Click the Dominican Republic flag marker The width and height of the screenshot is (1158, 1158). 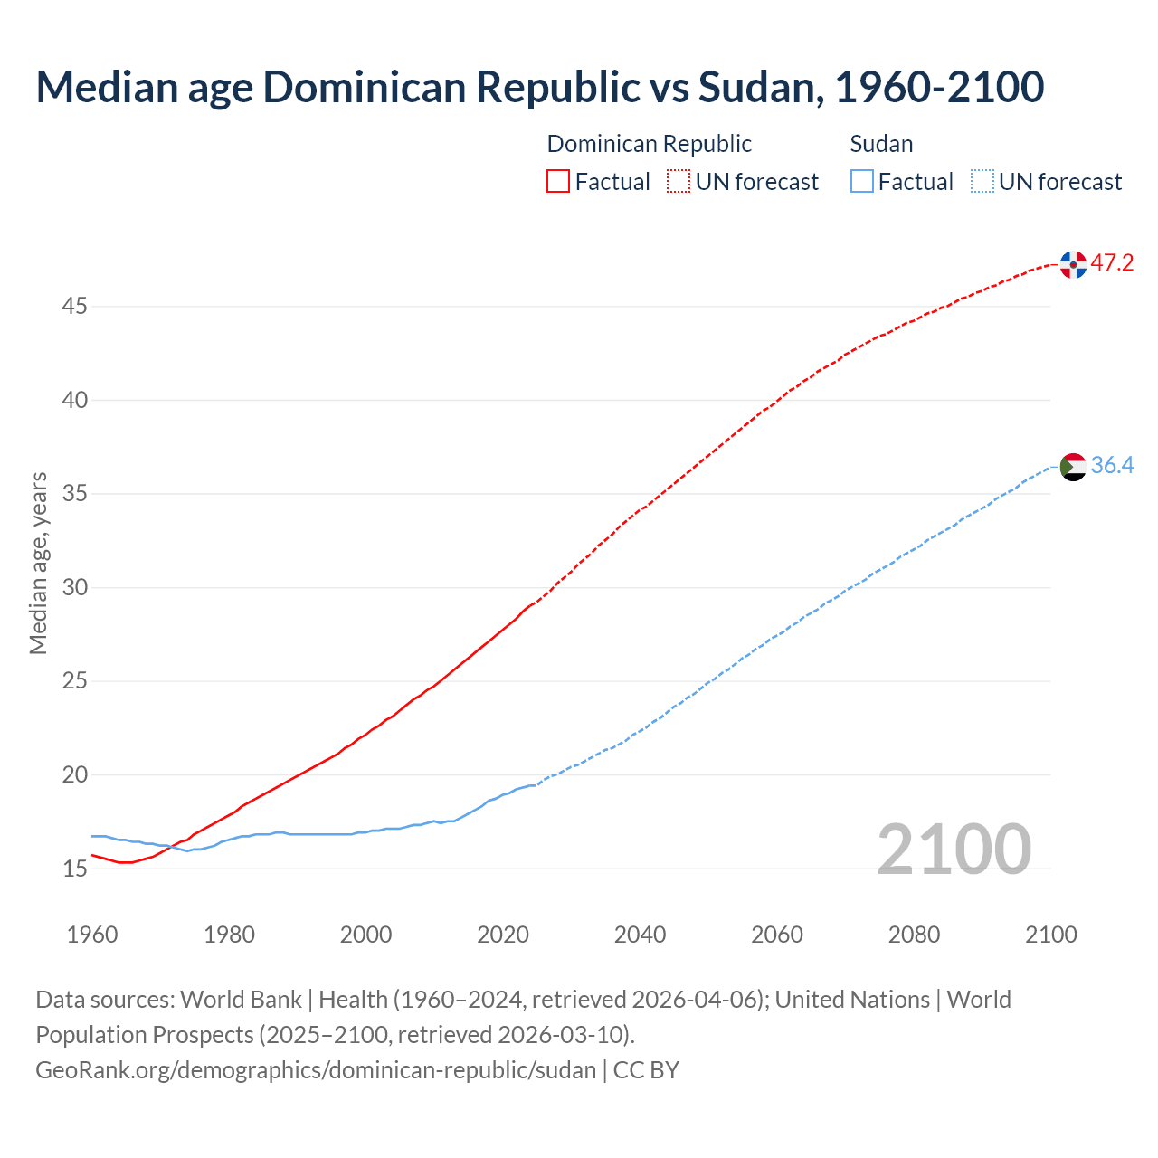click(x=1073, y=265)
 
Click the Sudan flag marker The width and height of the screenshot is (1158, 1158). click(x=1073, y=467)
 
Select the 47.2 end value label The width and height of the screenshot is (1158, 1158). click(x=1112, y=263)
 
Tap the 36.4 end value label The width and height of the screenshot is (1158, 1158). click(x=1112, y=465)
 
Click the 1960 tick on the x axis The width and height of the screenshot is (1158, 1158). click(x=92, y=935)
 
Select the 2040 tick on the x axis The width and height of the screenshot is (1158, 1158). click(x=640, y=935)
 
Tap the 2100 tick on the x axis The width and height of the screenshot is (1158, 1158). click(x=1051, y=935)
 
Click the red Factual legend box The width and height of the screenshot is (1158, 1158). click(x=558, y=182)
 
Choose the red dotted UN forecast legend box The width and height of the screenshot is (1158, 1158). click(x=679, y=182)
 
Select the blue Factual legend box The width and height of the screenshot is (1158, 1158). click(x=862, y=182)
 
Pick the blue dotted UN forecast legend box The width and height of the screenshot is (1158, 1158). click(x=982, y=182)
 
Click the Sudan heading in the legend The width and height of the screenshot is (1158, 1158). click(x=881, y=144)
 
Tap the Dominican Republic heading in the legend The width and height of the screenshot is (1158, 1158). click(x=649, y=144)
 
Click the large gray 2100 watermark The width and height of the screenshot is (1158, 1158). click(x=954, y=850)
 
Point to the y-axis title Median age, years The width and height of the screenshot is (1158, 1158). click(x=38, y=563)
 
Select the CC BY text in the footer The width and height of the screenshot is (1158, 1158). click(x=646, y=1070)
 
